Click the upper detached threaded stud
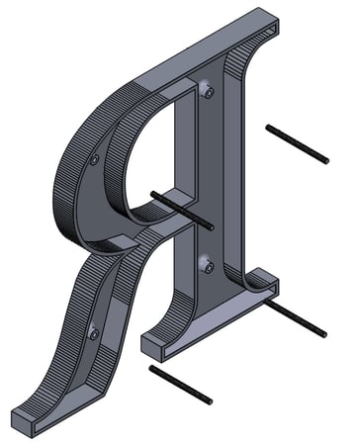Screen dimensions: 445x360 pos(297,143)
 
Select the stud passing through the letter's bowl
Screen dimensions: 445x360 pos(183,209)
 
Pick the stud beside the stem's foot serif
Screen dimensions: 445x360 pos(296,319)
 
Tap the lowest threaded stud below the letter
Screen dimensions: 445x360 pos(180,384)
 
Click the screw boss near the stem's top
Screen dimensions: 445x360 pos(208,92)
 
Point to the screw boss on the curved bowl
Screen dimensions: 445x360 pos(94,159)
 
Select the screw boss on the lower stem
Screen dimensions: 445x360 pos(206,263)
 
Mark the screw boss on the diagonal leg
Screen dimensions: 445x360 pos(94,333)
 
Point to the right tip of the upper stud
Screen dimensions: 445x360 pos(325,160)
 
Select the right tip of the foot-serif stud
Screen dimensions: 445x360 pos(323,334)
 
